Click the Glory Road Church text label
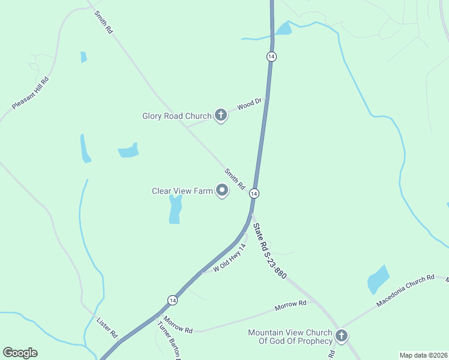(176, 116)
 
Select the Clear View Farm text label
(182, 191)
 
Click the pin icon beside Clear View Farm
(222, 191)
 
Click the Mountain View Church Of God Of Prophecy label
(290, 337)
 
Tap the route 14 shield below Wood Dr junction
(255, 194)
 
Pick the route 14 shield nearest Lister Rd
(172, 300)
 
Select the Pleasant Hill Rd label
(30, 93)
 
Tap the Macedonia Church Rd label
(405, 292)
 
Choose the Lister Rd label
(107, 328)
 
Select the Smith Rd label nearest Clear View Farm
(235, 179)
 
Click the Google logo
(20, 353)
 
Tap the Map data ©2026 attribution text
(423, 355)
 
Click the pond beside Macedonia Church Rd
(378, 279)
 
